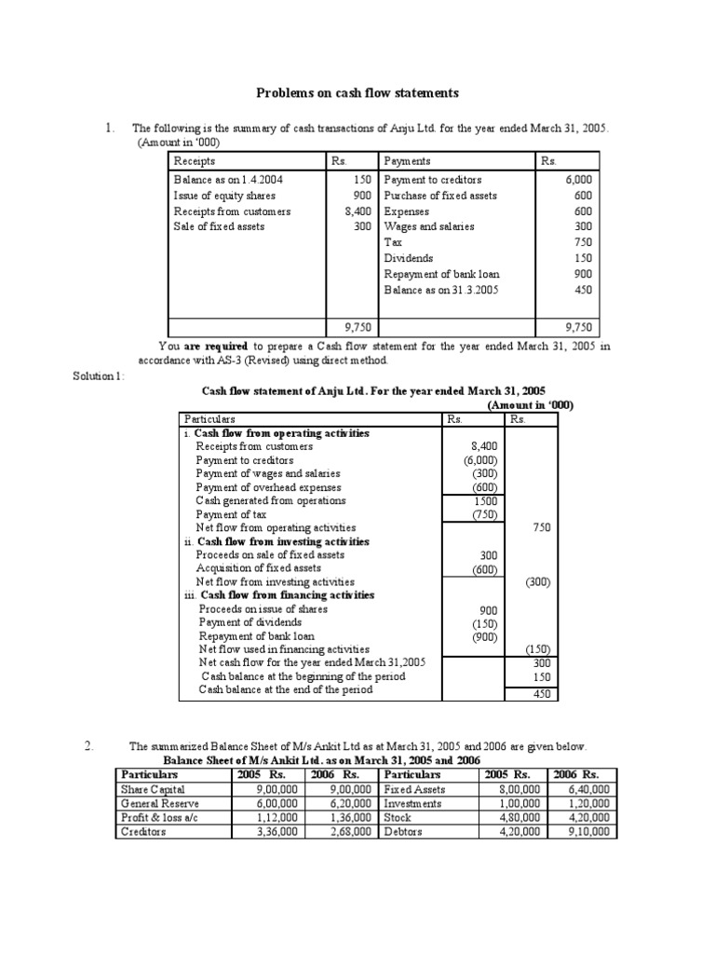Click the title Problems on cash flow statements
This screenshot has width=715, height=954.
click(x=357, y=93)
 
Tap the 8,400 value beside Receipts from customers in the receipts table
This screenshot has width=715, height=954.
click(x=357, y=211)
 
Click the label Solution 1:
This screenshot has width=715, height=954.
click(x=100, y=375)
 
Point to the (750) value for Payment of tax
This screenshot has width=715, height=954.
click(x=484, y=514)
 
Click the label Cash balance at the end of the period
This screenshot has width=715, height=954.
click(x=286, y=689)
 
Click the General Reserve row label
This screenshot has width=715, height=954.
click(x=154, y=803)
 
